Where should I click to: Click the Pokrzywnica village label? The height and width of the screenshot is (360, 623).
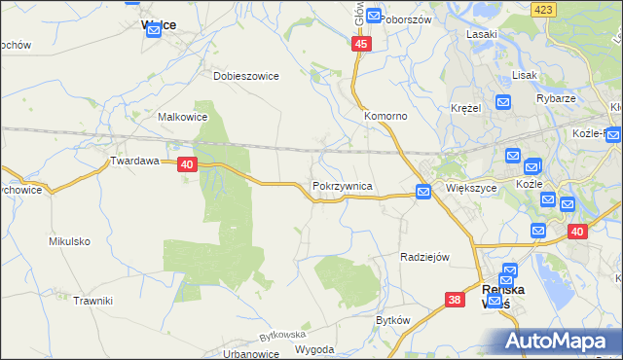point(341,185)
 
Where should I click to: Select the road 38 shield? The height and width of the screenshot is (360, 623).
point(455,301)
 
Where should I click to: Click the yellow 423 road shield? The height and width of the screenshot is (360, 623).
point(542,9)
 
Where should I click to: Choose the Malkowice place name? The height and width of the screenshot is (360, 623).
point(182,117)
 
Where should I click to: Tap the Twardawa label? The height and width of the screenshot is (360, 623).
point(134,162)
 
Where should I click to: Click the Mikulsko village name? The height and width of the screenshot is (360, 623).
point(69,240)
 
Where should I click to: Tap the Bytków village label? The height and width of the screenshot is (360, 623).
point(394,319)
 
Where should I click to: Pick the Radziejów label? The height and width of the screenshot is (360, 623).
point(424,257)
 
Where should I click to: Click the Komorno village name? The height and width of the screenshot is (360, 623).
point(385,116)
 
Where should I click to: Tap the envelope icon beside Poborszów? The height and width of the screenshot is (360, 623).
point(372,17)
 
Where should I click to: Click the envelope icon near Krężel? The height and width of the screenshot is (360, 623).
point(502,101)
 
